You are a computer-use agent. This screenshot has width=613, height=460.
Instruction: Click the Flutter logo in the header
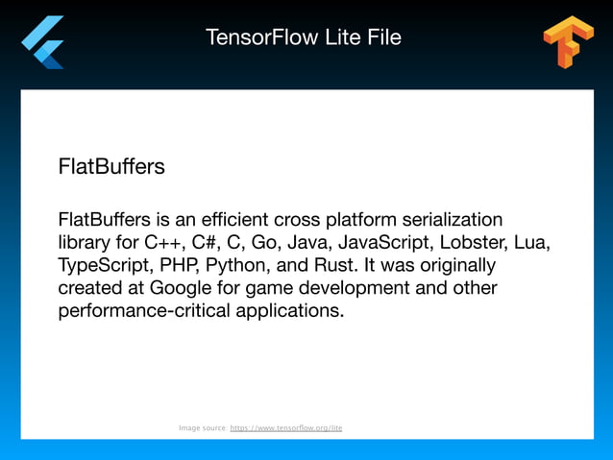43,42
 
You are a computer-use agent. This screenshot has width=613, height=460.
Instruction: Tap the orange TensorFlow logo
568,42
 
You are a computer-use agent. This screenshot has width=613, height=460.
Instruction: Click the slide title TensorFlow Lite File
304,38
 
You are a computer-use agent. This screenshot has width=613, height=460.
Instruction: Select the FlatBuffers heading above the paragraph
111,167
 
